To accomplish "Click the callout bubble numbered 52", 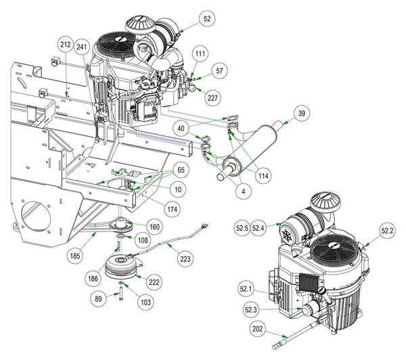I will pyautogui.click(x=206, y=19).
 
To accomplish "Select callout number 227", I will pyautogui.click(x=213, y=98).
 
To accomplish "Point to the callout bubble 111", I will pyautogui.click(x=200, y=53).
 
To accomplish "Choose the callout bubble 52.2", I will pyautogui.click(x=387, y=231).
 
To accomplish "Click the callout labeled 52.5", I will pyautogui.click(x=244, y=229).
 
